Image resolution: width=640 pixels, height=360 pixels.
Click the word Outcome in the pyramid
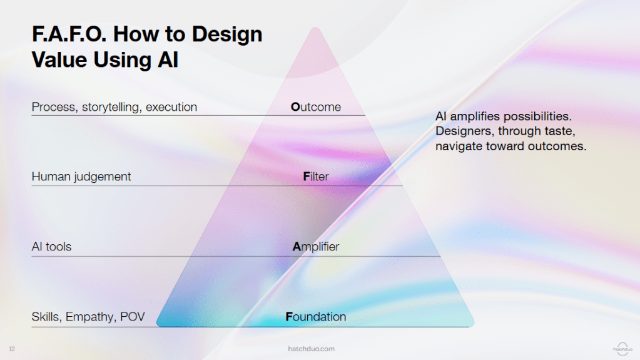pos(315,107)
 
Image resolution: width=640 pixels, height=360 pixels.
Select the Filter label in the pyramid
pos(315,177)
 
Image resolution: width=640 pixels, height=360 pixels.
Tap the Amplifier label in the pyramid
pos(315,247)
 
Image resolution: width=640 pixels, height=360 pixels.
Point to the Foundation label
pos(315,317)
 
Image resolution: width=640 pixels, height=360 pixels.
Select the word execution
pos(171,107)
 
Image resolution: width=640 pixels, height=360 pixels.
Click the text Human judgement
pos(81,177)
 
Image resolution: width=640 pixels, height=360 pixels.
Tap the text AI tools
pos(51,247)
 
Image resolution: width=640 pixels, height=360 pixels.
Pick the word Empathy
pos(91,317)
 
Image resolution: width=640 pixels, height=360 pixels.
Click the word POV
pos(132,317)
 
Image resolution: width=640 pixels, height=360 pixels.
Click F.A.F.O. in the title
pos(69,34)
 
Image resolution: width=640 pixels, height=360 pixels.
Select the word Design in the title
pos(227,35)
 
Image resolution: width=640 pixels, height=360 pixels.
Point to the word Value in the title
pos(59,59)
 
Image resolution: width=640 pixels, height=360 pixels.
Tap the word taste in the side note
pos(561,131)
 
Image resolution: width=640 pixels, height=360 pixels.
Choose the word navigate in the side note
pos(459,147)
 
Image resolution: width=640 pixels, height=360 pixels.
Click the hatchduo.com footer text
pos(311,349)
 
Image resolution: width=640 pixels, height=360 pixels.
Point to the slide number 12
pos(12,349)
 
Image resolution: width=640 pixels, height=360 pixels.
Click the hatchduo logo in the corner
pos(622,349)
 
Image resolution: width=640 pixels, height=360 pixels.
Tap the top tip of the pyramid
pos(315,28)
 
